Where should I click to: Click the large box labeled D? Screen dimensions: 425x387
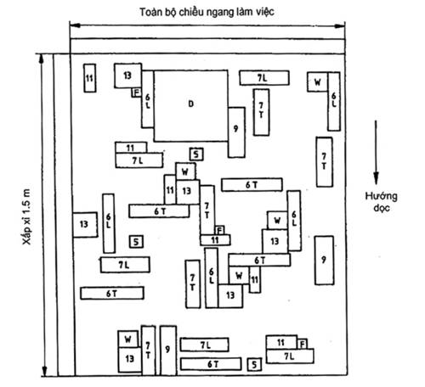(191, 105)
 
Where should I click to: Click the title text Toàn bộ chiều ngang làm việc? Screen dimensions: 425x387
(207, 12)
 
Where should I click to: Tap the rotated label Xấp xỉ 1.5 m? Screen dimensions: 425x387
(26, 216)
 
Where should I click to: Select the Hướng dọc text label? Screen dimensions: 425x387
(381, 202)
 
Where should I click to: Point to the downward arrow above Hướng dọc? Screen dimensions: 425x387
(376, 152)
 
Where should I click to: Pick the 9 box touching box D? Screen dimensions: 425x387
(236, 132)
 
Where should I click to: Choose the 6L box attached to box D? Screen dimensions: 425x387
(148, 99)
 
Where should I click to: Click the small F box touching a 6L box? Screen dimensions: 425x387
(137, 93)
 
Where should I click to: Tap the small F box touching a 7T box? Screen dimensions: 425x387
(220, 230)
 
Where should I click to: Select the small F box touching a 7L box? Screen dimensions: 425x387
(303, 345)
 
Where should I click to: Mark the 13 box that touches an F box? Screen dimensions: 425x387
(127, 76)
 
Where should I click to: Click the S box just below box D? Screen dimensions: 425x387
(196, 154)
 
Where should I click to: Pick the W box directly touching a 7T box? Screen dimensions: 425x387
(128, 339)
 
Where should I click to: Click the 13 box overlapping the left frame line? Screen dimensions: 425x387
(85, 225)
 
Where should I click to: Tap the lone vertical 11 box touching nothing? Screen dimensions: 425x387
(90, 78)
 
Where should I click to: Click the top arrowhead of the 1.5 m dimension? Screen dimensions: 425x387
(42, 59)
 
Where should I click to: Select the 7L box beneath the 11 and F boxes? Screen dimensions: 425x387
(290, 356)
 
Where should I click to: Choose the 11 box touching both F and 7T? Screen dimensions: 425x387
(215, 240)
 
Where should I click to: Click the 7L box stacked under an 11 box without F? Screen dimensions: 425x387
(139, 160)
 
